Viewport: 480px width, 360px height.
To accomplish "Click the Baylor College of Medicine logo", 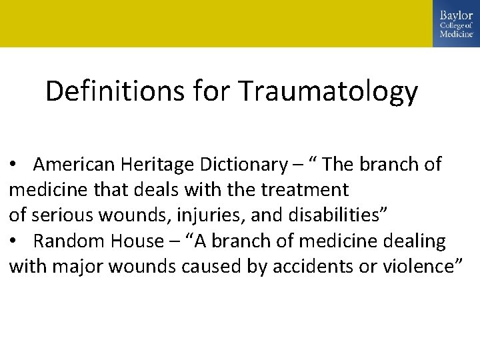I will (x=456, y=23).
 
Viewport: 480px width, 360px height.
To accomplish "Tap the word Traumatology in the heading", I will (x=328, y=92).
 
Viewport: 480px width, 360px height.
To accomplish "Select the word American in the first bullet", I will (x=75, y=165).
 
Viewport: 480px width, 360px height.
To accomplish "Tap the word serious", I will (x=60, y=215).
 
